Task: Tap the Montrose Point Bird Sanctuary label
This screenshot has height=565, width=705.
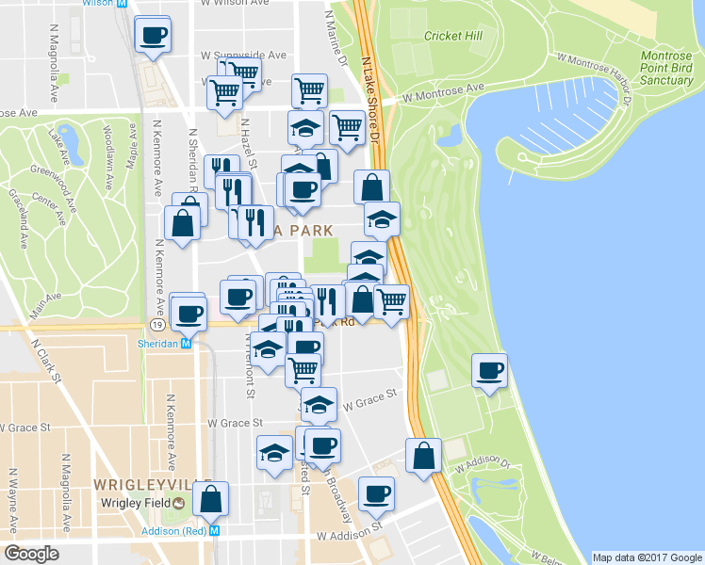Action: tap(666, 68)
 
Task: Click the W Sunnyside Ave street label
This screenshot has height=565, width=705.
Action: tap(241, 56)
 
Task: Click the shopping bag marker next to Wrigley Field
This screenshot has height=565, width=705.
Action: tap(211, 498)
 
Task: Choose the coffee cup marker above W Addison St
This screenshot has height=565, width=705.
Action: tap(377, 492)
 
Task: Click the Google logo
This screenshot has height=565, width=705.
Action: tap(32, 554)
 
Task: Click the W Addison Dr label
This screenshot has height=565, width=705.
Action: tap(482, 464)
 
